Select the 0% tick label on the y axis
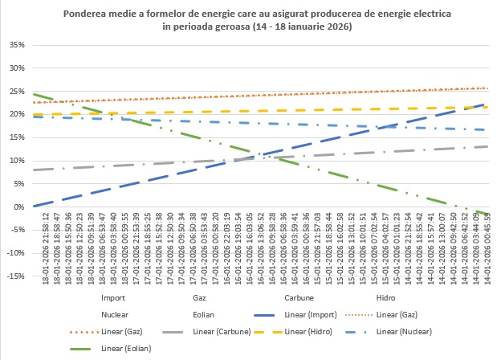click(20, 207)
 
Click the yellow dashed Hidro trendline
click(241, 111)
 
